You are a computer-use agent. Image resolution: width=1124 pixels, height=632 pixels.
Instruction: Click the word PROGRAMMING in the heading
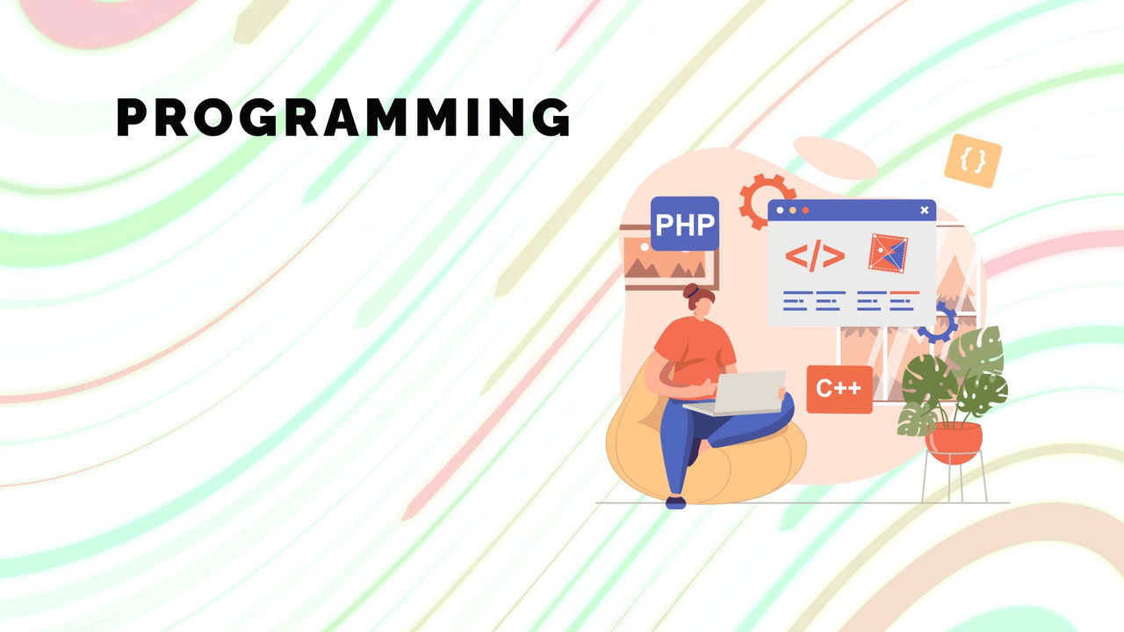pyautogui.click(x=343, y=117)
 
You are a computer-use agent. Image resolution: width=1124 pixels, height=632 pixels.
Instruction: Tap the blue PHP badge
pyautogui.click(x=684, y=223)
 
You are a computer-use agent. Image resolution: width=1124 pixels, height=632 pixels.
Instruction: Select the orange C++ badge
pyautogui.click(x=839, y=389)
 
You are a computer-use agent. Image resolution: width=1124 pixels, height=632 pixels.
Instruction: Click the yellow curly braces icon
pyautogui.click(x=973, y=161)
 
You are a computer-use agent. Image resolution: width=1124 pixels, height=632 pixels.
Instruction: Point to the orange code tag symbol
pyautogui.click(x=815, y=255)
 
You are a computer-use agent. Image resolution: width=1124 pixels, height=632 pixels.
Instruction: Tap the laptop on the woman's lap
pyautogui.click(x=735, y=394)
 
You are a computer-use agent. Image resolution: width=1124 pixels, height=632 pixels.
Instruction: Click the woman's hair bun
pyautogui.click(x=691, y=290)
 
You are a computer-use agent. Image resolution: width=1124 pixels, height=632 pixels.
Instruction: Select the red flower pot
pyautogui.click(x=954, y=442)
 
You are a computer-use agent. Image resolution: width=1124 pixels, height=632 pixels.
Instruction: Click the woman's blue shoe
pyautogui.click(x=676, y=503)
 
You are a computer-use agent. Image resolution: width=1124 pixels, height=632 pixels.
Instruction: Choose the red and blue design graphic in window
pyautogui.click(x=888, y=254)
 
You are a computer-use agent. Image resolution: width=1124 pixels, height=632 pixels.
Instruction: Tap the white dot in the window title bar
pyautogui.click(x=780, y=211)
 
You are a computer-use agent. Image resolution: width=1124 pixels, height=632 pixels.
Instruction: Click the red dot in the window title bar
pyautogui.click(x=805, y=211)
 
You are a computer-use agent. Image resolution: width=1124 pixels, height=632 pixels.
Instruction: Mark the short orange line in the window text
pyautogui.click(x=904, y=292)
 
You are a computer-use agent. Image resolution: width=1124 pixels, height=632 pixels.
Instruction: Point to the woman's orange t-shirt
pyautogui.click(x=695, y=351)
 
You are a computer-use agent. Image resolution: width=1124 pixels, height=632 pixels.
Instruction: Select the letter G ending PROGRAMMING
pyautogui.click(x=551, y=117)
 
